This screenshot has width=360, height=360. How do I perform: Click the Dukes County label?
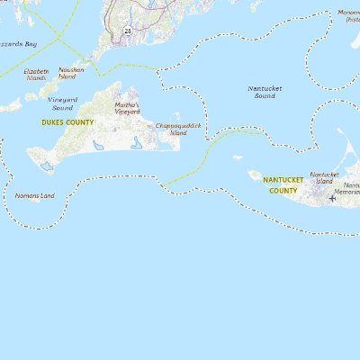68,121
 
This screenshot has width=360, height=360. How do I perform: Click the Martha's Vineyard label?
128,108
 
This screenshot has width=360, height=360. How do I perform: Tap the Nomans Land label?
35,195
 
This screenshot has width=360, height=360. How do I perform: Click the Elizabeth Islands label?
35,74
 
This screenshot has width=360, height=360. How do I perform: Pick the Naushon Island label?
71,73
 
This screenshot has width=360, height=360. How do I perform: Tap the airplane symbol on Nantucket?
332,198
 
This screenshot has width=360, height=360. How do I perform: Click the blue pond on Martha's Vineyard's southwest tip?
47,167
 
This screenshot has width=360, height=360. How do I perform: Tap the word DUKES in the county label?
53,121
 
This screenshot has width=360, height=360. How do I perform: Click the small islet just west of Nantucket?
238,158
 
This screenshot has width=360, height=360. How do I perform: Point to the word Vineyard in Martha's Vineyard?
128,112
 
